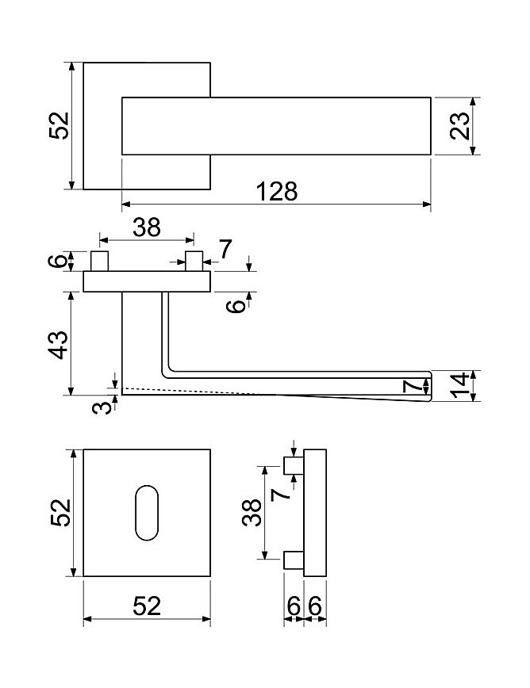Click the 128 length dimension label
[x=277, y=191]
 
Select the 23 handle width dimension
[x=459, y=126]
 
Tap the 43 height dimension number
[x=59, y=345]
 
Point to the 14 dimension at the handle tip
[x=460, y=386]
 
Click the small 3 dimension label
[x=102, y=407]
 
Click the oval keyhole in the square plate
[x=147, y=513]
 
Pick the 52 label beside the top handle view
[x=59, y=125]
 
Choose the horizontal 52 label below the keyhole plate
[x=147, y=606]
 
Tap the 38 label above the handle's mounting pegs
[x=147, y=227]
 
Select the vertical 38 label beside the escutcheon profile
[x=252, y=513]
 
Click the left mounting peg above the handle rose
[x=99, y=261]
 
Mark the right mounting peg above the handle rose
[x=194, y=261]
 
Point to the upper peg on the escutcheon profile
[x=294, y=465]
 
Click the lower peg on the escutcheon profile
[x=294, y=560]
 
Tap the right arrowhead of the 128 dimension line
[x=426, y=204]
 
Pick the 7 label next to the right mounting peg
[x=225, y=249]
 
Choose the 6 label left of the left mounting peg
[x=58, y=261]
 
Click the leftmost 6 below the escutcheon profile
[x=294, y=606]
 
